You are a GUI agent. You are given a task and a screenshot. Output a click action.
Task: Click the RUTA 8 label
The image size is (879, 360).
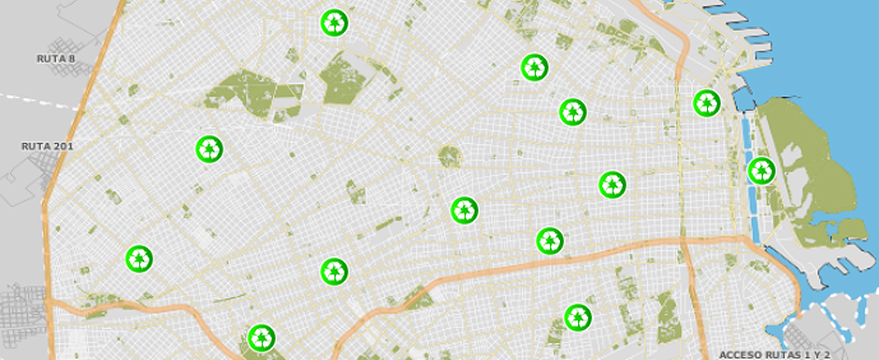(x=55, y=58)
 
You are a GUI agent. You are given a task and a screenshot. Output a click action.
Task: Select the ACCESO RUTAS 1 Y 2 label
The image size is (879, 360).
(x=774, y=354)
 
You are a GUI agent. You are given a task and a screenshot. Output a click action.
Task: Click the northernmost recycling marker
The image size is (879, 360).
(x=334, y=22)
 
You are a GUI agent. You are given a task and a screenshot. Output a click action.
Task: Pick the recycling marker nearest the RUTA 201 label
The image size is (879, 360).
(x=210, y=149)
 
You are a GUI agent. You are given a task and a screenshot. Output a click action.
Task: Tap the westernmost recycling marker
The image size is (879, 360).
(x=139, y=259)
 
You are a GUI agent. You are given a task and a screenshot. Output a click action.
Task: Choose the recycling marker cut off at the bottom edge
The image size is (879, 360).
(x=261, y=337)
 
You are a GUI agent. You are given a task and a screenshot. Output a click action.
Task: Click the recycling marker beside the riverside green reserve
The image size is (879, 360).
(x=761, y=171)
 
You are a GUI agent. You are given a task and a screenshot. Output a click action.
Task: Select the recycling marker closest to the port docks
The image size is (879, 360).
(x=707, y=103)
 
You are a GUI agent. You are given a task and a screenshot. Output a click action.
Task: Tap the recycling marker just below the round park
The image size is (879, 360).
(x=464, y=210)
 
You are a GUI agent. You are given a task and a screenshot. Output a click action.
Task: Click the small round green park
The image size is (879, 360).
(x=450, y=156)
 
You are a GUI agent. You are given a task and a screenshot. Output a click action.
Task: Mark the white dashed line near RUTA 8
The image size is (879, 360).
(x=37, y=100)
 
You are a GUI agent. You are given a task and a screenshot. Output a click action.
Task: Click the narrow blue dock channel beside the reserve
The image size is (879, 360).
(x=748, y=168)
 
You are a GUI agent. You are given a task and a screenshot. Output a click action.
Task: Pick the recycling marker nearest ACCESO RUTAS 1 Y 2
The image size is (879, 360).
(x=579, y=317)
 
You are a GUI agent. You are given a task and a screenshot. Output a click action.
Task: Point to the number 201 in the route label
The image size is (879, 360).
(x=62, y=146)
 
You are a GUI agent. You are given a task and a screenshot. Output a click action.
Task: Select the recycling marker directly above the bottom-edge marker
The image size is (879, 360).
(x=334, y=272)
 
